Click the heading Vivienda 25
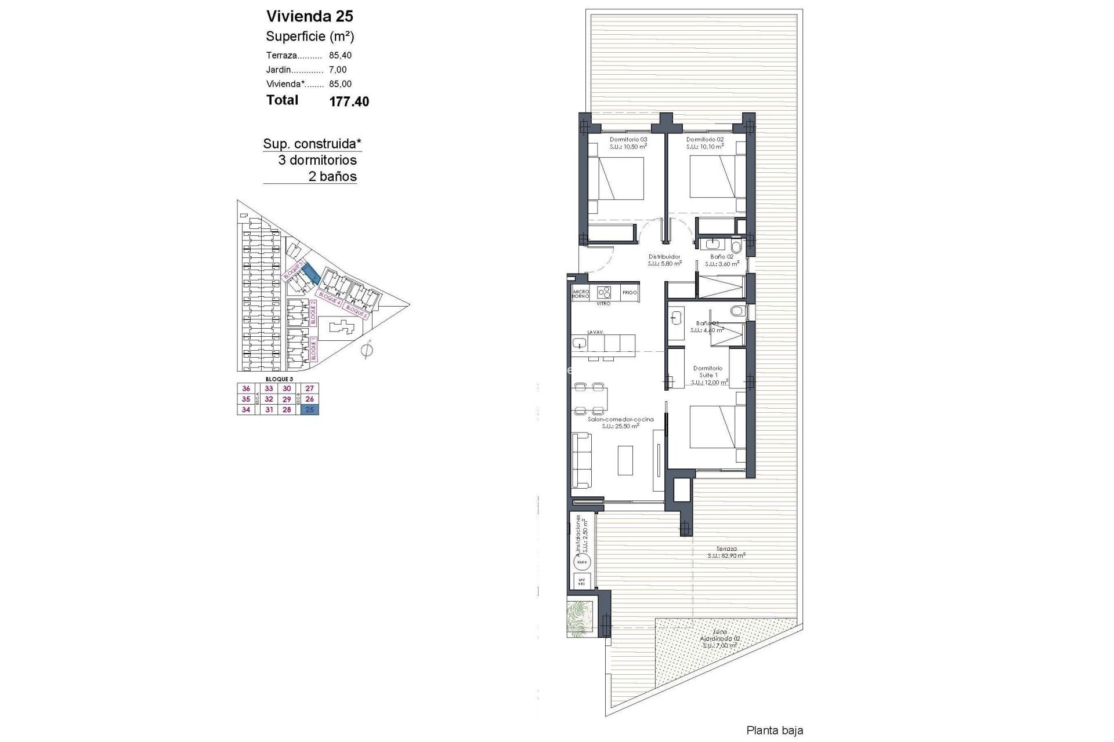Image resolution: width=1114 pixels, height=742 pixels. [x=309, y=16]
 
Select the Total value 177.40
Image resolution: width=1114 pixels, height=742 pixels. [x=349, y=101]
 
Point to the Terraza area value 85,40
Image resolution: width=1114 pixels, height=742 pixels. [x=340, y=56]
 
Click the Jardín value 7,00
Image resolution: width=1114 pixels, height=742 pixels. [x=338, y=70]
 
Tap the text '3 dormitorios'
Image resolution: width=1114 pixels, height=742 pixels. [x=317, y=160]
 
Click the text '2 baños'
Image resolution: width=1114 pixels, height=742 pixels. [x=332, y=177]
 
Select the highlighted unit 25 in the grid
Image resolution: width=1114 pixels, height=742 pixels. [x=309, y=410]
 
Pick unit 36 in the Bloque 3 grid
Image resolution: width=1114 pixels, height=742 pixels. [x=246, y=388]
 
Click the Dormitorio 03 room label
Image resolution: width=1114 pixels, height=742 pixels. [x=628, y=140]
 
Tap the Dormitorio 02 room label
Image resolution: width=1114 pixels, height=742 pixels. [x=704, y=140]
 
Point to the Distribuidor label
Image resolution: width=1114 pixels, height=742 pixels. [x=664, y=257]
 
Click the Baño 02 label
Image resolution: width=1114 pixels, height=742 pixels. [x=722, y=257]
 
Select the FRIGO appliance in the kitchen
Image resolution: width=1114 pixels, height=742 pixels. [x=630, y=293]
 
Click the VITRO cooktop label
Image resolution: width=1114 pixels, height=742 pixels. [x=603, y=303]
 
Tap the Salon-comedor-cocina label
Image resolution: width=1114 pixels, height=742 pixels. [x=620, y=419]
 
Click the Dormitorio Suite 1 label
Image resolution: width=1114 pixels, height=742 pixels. [x=708, y=372]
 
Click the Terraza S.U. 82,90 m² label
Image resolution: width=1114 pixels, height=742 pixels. [x=726, y=552]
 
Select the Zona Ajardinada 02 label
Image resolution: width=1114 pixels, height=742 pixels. [x=719, y=639]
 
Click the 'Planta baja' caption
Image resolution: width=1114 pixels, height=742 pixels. [x=775, y=730]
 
